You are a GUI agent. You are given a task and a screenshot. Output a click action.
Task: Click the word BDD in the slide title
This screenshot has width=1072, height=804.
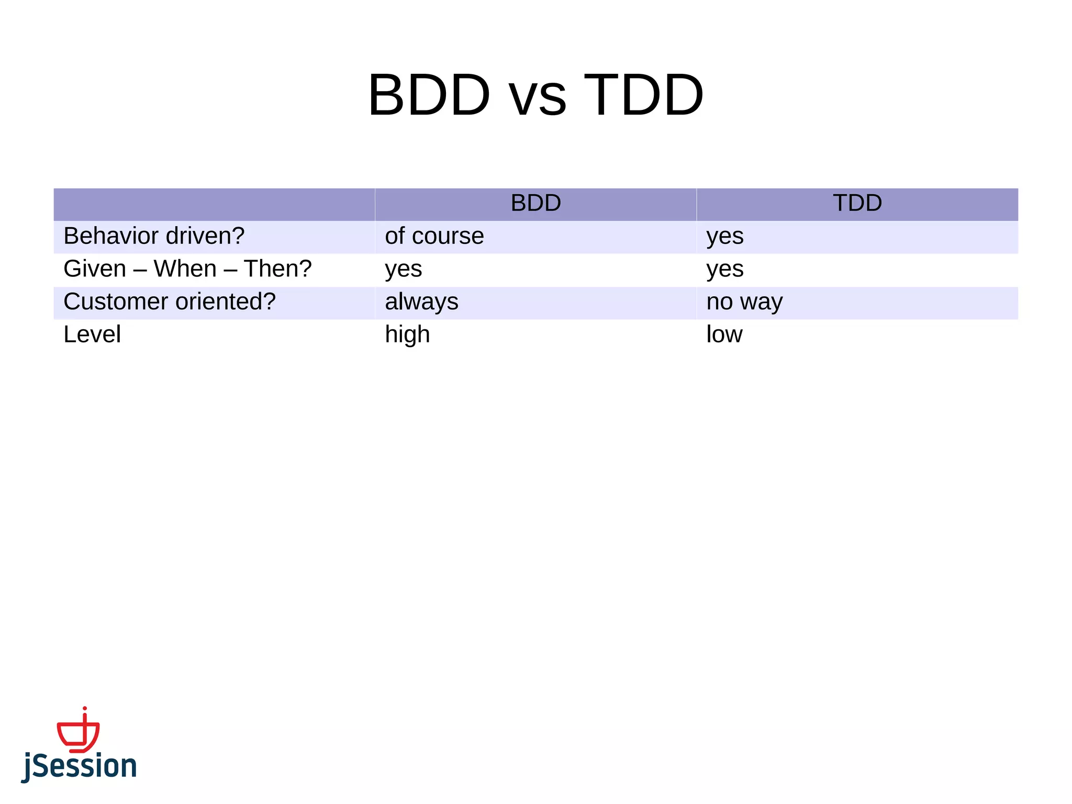(429, 95)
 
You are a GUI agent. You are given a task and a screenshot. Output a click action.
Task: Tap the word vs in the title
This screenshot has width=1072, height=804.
(538, 98)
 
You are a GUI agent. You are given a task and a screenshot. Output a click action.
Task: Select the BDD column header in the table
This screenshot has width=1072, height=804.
(535, 203)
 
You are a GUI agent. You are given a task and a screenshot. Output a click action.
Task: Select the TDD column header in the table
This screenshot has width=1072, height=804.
(857, 203)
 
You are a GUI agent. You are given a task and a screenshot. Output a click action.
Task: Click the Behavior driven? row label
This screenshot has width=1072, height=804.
(154, 236)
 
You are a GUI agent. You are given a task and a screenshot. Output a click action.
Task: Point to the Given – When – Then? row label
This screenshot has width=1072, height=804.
(187, 269)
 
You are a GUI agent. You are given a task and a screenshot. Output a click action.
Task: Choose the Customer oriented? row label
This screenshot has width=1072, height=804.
(170, 302)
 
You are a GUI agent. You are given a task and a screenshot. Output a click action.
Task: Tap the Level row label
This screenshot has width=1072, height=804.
(92, 334)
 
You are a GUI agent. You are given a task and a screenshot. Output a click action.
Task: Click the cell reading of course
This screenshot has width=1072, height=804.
(434, 236)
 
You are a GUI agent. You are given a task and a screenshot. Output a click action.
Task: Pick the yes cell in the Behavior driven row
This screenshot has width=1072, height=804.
(724, 236)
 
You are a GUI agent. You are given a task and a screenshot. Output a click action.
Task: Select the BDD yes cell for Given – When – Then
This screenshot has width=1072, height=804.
(403, 270)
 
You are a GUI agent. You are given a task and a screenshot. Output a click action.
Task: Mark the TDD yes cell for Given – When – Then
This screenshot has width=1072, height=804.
(724, 270)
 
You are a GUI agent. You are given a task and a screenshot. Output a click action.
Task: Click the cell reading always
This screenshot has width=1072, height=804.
(421, 302)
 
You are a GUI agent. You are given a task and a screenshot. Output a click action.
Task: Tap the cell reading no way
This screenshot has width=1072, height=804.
(744, 302)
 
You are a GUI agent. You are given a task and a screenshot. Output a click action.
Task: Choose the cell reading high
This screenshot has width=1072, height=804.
(407, 334)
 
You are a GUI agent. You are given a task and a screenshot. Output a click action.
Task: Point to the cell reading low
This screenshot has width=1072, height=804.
(724, 334)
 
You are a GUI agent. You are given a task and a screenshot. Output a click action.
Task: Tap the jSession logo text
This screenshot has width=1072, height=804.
(80, 766)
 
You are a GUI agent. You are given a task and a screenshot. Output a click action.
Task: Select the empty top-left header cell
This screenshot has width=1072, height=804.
(214, 204)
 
